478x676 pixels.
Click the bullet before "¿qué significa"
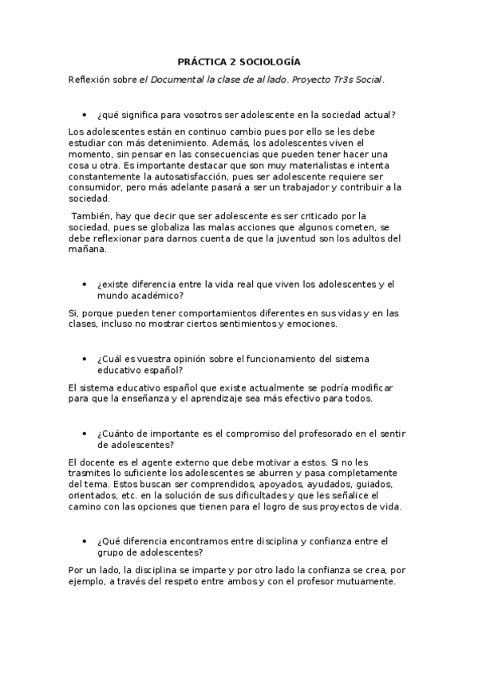[85, 115]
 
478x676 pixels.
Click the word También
[93, 215]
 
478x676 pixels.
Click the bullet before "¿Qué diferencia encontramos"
[85, 541]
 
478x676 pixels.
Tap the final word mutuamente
[364, 581]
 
